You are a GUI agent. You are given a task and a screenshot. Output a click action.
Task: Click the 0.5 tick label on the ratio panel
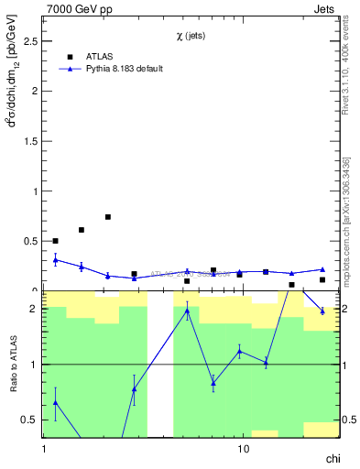click(x=29, y=420)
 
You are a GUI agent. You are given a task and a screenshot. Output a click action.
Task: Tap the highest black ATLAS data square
click(x=108, y=217)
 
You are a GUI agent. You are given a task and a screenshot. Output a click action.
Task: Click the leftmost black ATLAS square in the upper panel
click(x=56, y=241)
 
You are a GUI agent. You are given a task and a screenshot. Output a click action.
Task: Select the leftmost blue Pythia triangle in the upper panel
click(x=56, y=260)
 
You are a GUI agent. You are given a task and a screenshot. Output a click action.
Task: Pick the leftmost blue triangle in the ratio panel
click(x=56, y=402)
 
